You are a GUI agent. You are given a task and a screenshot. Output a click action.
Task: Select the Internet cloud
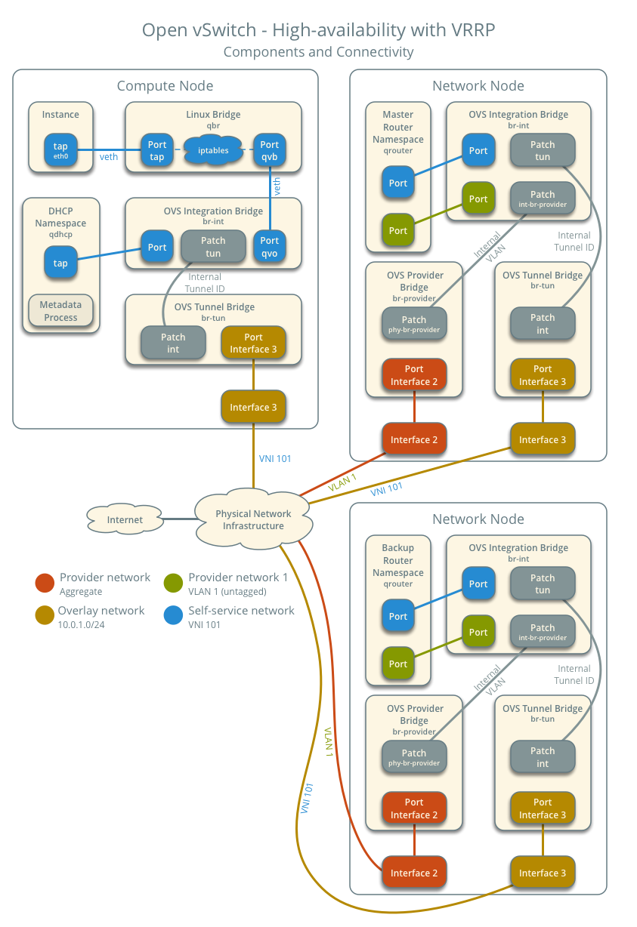coord(125,519)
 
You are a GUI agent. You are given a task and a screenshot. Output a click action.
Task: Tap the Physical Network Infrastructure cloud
coord(253,519)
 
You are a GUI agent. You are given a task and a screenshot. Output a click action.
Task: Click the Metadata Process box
coord(60,311)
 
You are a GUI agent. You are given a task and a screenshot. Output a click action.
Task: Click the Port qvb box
coord(269,150)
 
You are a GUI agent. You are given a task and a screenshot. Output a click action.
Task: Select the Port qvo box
coord(269,247)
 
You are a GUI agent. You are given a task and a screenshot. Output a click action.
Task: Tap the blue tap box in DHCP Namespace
coord(60,263)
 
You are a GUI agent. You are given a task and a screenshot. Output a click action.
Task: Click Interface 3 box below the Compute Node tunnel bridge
coord(253,407)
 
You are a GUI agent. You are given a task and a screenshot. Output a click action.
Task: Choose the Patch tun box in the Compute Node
coord(213,247)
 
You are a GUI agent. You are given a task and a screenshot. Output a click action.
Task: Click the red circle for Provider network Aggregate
coord(45,582)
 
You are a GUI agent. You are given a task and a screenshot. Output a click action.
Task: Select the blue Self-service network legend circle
coord(173,615)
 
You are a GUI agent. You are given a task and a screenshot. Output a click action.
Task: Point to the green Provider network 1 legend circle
coord(173,582)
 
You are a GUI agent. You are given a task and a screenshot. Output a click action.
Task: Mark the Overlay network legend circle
coord(45,615)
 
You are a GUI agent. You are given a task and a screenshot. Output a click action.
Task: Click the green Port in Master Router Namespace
coord(398,230)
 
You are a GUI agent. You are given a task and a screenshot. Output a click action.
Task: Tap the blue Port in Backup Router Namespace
coord(398,616)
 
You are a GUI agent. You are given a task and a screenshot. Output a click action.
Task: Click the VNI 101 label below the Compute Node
coord(275,458)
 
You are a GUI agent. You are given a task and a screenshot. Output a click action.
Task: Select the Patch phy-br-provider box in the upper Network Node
coord(414,324)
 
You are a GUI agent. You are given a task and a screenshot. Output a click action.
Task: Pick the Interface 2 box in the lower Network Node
coord(414,873)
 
